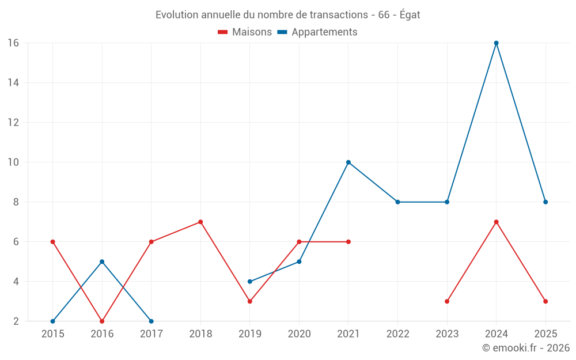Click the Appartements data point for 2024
click(496, 43)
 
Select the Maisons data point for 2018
click(200, 222)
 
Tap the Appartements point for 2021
click(348, 162)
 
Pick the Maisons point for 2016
click(102, 321)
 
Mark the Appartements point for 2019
click(249, 282)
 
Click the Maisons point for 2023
click(447, 301)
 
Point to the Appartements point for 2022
click(397, 202)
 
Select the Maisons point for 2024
click(496, 222)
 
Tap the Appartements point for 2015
click(53, 321)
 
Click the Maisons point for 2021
click(348, 242)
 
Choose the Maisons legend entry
click(245, 32)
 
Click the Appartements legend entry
click(317, 32)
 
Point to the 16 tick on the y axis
click(13, 43)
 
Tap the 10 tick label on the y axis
click(13, 162)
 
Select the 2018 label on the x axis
click(200, 334)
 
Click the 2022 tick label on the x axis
click(397, 334)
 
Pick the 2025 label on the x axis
click(545, 334)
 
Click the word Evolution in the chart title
click(176, 15)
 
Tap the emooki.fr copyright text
click(526, 348)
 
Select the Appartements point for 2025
click(545, 202)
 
